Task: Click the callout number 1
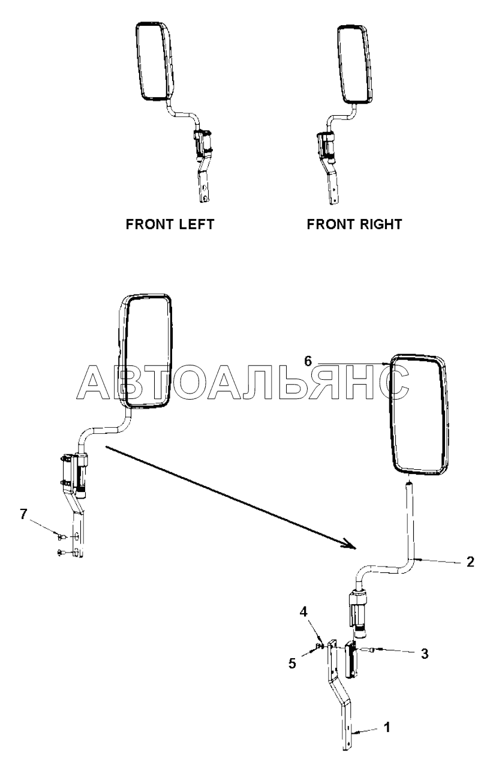click(387, 727)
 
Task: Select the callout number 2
click(471, 562)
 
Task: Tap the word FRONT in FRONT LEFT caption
click(146, 224)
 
